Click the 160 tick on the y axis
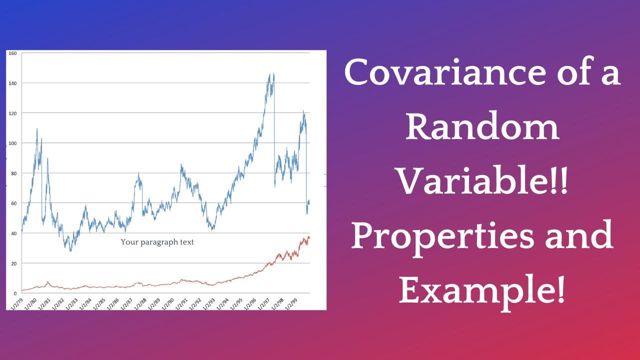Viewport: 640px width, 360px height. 13,53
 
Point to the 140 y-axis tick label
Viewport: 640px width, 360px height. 13,83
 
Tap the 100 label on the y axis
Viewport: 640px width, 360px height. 13,143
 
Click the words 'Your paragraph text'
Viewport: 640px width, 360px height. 157,242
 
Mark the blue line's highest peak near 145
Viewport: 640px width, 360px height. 270,74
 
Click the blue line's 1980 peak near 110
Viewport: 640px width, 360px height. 37,129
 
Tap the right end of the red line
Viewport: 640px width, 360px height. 309,237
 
